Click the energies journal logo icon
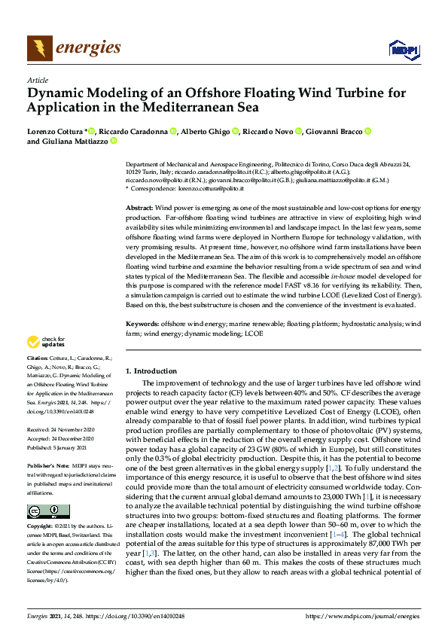tap(39, 48)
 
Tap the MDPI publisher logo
tap(403, 50)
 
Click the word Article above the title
tap(37, 80)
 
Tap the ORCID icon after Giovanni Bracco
tap(367, 131)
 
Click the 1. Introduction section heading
tap(151, 371)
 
